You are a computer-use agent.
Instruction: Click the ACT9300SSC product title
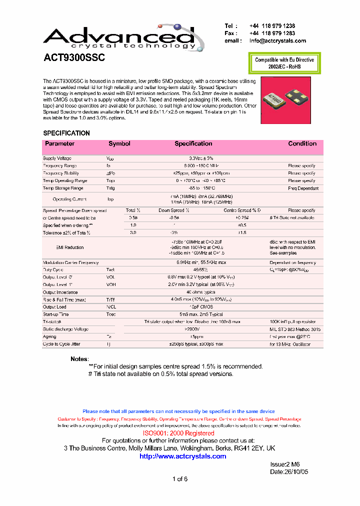tap(74, 58)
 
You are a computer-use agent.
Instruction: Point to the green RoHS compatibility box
tap(284, 63)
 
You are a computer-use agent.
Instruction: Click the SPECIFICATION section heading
tap(66, 133)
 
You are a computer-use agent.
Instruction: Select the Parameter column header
tap(59, 143)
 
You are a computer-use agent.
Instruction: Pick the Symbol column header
tap(119, 143)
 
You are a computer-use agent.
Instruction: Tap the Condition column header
tap(302, 143)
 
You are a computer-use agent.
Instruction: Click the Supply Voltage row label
tap(57, 158)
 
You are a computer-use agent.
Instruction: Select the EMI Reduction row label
tap(70, 247)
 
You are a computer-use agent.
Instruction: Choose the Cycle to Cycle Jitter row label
tap(62, 344)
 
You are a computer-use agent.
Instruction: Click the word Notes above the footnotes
tap(79, 359)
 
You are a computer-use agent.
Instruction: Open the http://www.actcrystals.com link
tap(182, 456)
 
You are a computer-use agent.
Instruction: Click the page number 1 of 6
tap(180, 479)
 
